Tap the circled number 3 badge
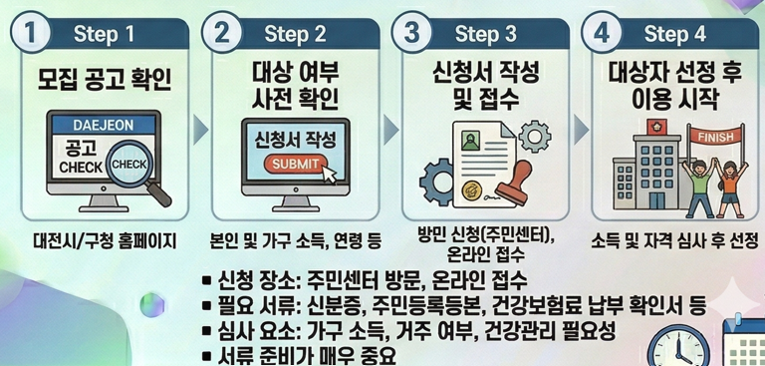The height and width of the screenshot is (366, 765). pyautogui.click(x=411, y=32)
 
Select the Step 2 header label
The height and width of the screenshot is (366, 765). pyautogui.click(x=295, y=34)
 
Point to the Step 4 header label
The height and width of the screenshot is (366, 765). pyautogui.click(x=674, y=34)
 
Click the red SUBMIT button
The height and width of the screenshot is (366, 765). pyautogui.click(x=295, y=165)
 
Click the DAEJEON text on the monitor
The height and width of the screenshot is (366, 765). pyautogui.click(x=103, y=125)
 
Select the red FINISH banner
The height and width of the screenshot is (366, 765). pyautogui.click(x=716, y=137)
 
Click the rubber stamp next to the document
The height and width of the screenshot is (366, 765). pyautogui.click(x=515, y=183)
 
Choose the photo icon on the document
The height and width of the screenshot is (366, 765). pyautogui.click(x=469, y=142)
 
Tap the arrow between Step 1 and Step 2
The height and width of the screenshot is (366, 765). pyautogui.click(x=200, y=131)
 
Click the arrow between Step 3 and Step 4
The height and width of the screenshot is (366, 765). pyautogui.click(x=581, y=131)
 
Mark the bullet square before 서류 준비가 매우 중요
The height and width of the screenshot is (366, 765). pyautogui.click(x=207, y=356)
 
